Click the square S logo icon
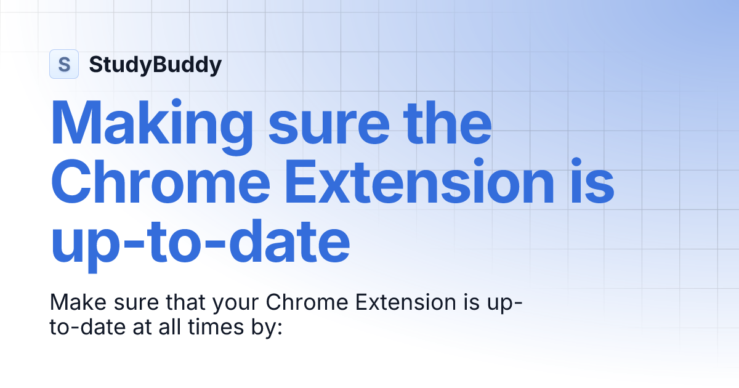tap(63, 64)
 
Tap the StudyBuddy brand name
tap(155, 64)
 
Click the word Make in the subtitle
tap(76, 302)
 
